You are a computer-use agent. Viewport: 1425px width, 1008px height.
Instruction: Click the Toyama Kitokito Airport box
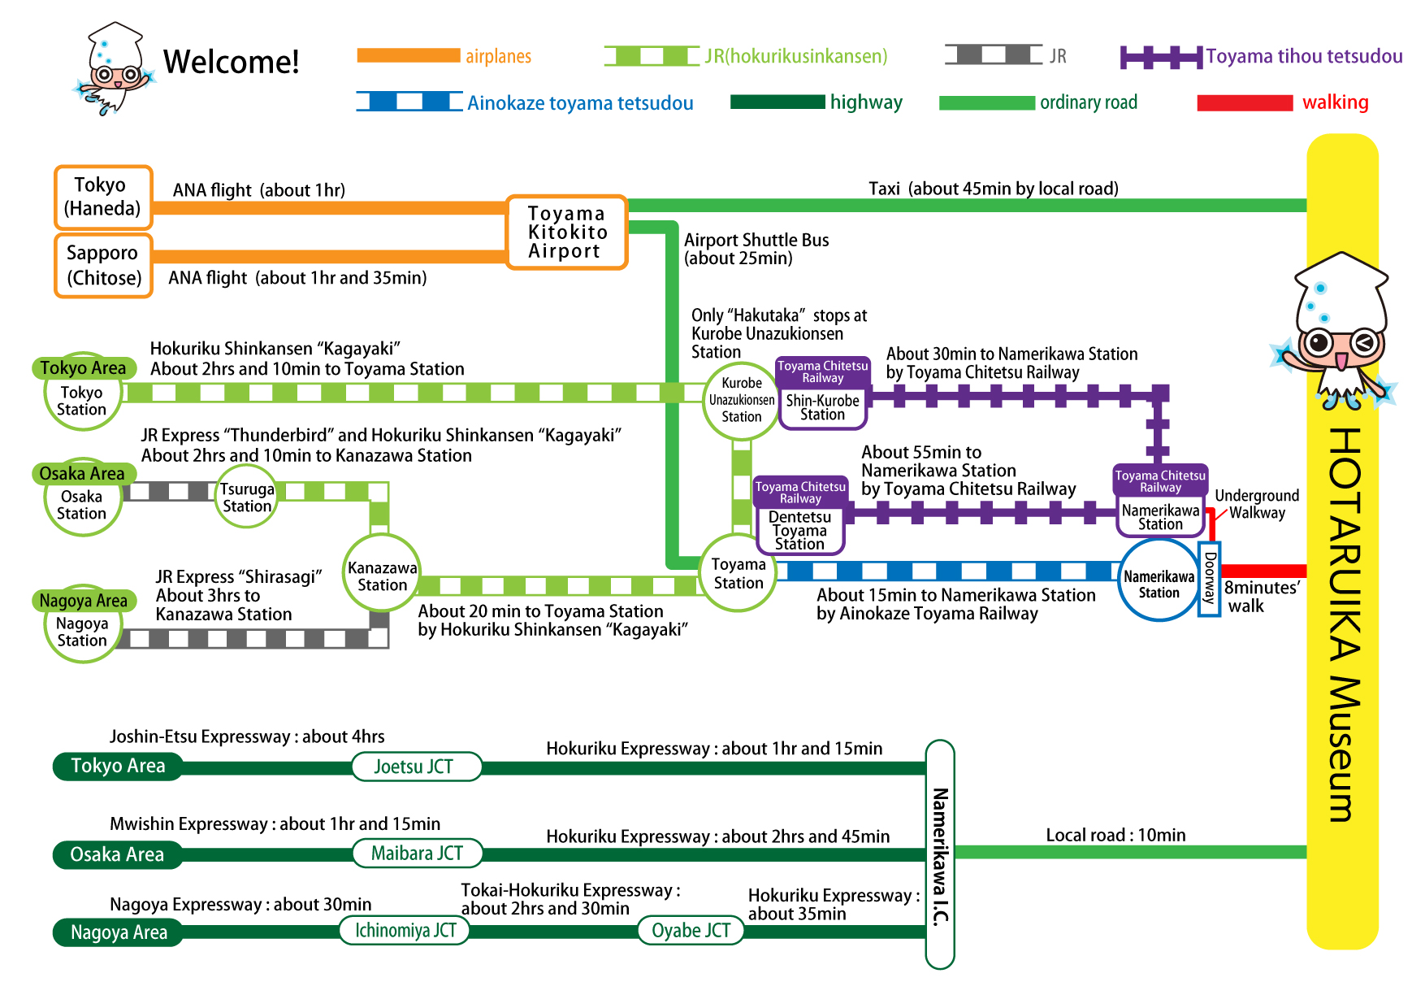pos(567,232)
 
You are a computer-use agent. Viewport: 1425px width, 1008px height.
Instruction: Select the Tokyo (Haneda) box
pos(103,198)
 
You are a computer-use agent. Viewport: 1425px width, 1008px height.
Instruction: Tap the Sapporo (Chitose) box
pos(103,266)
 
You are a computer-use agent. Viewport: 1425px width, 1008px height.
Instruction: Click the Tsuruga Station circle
pos(247,497)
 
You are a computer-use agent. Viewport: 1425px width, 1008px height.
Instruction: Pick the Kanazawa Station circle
pos(382,576)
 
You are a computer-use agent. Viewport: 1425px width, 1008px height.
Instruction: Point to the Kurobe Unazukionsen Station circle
pos(741,400)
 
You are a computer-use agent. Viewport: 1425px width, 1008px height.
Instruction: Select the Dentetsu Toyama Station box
pos(799,530)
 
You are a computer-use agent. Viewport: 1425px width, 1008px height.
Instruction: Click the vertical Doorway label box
pos(1210,579)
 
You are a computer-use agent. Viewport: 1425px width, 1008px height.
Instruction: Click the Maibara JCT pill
pos(417,854)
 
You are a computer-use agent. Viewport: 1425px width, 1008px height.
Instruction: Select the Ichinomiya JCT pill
pos(405,931)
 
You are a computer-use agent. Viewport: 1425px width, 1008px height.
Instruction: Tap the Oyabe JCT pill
pos(691,931)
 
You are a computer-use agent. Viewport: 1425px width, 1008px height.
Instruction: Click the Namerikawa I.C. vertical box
pos(940,854)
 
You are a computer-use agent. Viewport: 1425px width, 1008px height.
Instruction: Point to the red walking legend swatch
pos(1244,103)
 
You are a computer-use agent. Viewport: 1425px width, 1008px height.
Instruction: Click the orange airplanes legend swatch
pos(408,56)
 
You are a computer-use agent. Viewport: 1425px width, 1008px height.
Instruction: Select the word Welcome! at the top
pos(231,63)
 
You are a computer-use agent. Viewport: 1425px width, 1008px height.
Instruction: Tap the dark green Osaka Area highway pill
pos(117,854)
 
